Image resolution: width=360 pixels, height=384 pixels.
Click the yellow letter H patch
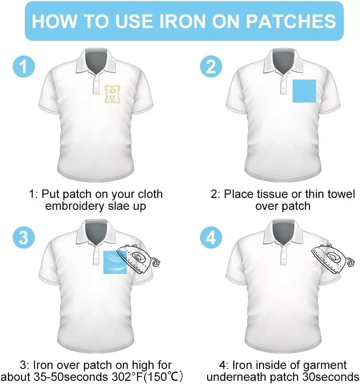click(x=112, y=94)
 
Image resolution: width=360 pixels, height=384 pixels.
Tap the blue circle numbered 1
click(x=23, y=67)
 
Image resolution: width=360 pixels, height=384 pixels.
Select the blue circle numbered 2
click(x=211, y=67)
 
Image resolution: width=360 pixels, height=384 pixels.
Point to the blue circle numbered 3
click(x=23, y=237)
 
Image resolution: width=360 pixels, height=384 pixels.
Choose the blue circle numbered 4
click(x=211, y=237)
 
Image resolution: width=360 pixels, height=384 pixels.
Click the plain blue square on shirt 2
click(x=304, y=91)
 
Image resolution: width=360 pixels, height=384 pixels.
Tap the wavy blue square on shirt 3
click(x=115, y=262)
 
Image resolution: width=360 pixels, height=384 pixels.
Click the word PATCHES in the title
click(x=291, y=21)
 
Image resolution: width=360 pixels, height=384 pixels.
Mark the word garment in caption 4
click(x=325, y=365)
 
